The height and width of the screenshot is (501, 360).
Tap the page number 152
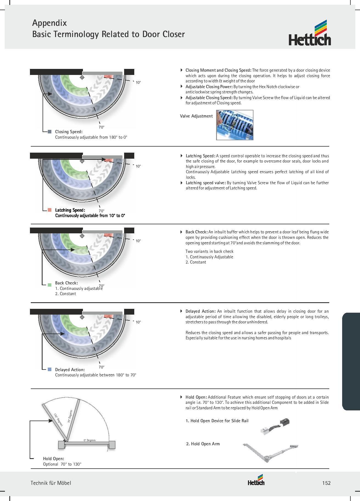coord(326,483)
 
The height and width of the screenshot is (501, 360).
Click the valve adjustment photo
coord(235,125)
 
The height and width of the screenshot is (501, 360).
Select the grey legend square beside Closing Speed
coord(50,131)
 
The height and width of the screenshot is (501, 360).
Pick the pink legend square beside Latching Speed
coord(50,210)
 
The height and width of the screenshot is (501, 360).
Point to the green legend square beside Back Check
coord(50,285)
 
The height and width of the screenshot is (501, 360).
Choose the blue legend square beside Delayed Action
coord(50,370)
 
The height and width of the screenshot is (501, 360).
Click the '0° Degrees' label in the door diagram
coord(90,440)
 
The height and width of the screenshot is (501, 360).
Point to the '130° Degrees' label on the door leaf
coord(58,419)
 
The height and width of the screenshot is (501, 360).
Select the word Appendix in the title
coord(49,23)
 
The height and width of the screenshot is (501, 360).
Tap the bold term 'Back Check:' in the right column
coord(196,232)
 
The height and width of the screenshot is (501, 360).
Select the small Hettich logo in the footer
coord(256,481)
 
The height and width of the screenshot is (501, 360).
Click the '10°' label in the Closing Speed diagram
coord(138,82)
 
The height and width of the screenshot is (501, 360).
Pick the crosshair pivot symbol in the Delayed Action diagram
coord(82,317)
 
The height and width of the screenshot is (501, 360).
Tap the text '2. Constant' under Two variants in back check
coord(196,262)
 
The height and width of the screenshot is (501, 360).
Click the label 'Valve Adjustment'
coord(196,116)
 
